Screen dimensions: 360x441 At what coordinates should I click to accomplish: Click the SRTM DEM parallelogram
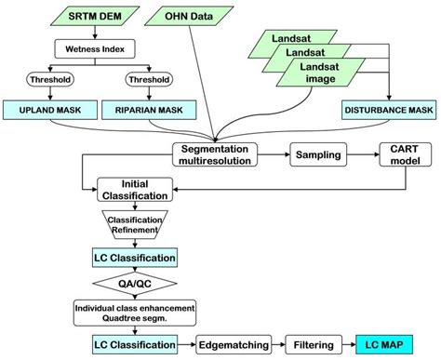pos(90,17)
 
